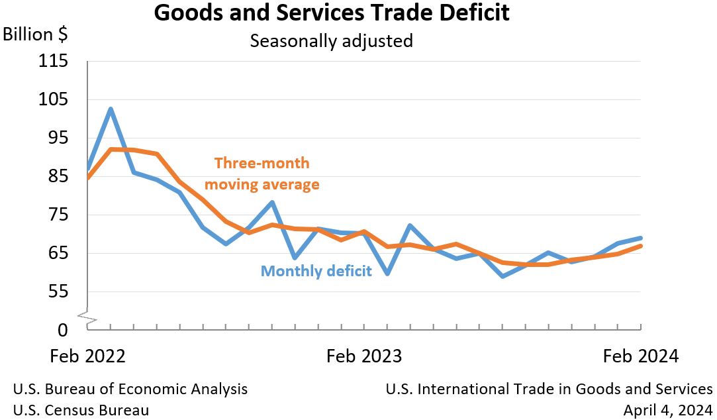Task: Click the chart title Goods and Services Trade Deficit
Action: tap(332, 13)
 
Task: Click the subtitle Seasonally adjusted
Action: tap(331, 41)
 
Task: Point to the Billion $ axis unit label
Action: tap(36, 34)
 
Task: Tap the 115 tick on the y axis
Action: tap(54, 62)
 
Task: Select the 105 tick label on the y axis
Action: tap(54, 100)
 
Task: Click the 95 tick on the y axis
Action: tap(58, 138)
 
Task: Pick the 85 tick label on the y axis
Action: tap(58, 177)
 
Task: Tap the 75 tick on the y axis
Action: tap(58, 215)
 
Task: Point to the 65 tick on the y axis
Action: tap(58, 254)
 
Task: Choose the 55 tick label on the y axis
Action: tap(58, 292)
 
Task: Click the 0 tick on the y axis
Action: tap(63, 330)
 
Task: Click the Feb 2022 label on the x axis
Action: tap(87, 356)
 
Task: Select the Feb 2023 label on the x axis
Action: tap(364, 356)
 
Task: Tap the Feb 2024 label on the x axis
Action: tap(641, 356)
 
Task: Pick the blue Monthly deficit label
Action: tap(316, 271)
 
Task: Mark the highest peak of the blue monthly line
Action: tap(111, 109)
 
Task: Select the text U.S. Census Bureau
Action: tap(81, 410)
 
